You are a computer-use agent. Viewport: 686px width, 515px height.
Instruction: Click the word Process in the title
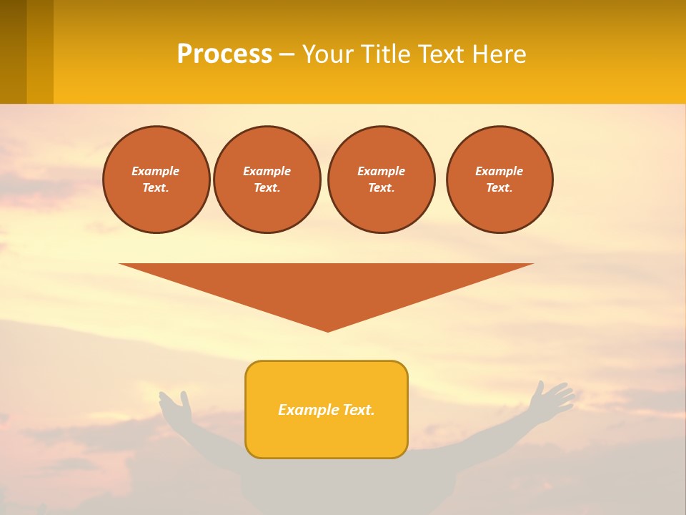coord(224,54)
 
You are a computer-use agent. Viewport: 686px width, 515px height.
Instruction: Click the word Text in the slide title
coord(440,54)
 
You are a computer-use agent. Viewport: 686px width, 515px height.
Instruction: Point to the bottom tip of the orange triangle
coord(327,330)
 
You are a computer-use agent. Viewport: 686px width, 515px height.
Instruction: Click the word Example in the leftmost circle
coord(156,171)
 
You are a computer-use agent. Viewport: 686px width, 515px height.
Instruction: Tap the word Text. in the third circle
coord(381,187)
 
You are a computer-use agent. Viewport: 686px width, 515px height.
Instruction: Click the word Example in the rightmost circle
coord(499,171)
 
